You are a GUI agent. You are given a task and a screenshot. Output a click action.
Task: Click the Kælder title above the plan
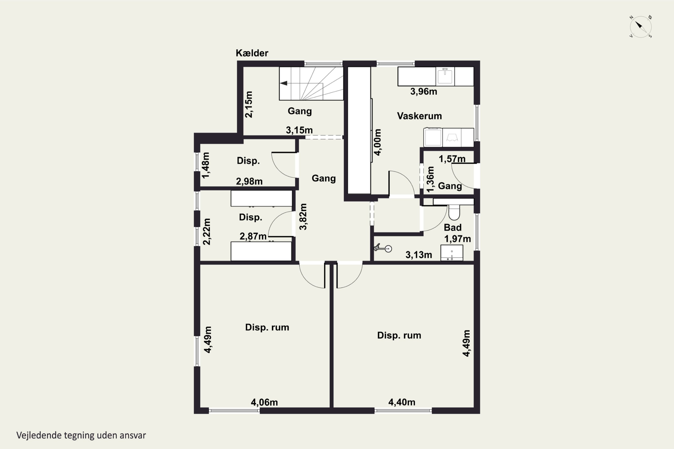tap(252, 53)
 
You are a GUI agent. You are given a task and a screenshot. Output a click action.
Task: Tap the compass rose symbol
tap(641, 27)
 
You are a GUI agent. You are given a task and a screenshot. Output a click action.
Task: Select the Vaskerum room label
tap(419, 116)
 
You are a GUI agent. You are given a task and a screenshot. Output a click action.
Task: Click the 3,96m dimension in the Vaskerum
tap(423, 92)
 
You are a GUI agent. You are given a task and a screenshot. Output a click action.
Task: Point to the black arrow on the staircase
tap(284, 83)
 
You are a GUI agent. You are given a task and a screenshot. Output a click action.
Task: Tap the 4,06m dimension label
tap(264, 402)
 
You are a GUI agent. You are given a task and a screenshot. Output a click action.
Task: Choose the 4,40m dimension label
tap(402, 402)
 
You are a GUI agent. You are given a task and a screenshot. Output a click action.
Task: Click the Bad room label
tap(453, 227)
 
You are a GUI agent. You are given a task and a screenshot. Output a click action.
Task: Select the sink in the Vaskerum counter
tap(445, 76)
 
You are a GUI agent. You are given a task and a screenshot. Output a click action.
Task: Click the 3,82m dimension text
tap(303, 217)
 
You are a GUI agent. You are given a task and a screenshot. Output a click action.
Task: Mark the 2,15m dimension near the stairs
tap(248, 105)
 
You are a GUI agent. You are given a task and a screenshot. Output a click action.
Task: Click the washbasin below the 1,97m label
tap(452, 253)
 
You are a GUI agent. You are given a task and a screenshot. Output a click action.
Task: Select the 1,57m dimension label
tap(452, 159)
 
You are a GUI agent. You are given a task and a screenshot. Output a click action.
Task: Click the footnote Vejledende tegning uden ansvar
tap(81, 435)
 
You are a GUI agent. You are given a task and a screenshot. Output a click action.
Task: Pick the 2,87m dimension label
tap(253, 236)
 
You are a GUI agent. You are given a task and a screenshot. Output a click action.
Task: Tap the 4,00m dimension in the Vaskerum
tap(378, 142)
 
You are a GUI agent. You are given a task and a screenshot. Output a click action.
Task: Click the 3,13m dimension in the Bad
tap(419, 255)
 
